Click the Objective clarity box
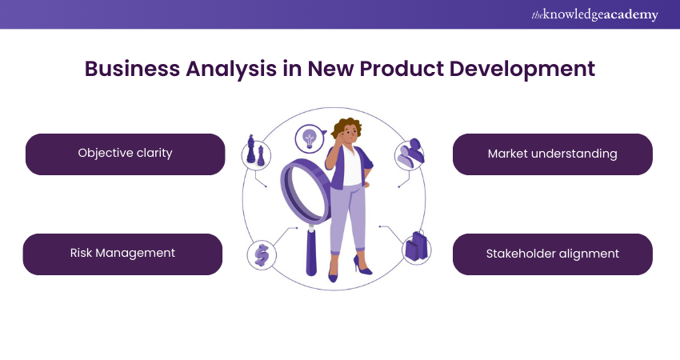126,154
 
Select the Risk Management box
122,254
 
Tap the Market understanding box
553,154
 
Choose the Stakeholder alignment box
553,254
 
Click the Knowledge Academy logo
594,14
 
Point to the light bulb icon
309,138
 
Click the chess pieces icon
255,150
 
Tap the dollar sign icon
262,255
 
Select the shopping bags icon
416,246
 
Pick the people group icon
410,154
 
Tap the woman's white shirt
351,166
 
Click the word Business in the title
132,69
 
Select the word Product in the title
402,69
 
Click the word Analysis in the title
231,70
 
